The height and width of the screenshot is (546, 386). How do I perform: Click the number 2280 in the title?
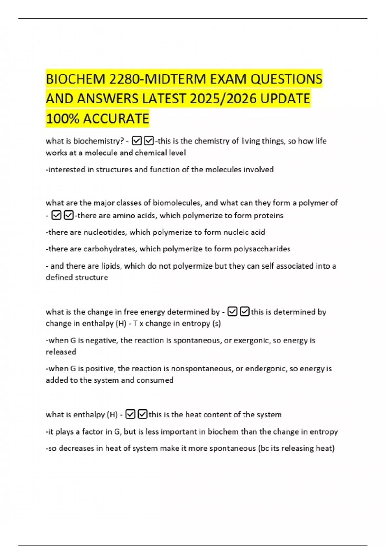(x=124, y=79)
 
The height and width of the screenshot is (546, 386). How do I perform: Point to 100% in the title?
(x=62, y=119)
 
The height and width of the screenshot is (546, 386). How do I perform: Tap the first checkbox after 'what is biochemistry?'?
(x=137, y=141)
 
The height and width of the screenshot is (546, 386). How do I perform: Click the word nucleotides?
(x=105, y=232)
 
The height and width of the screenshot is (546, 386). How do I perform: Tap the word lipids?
(x=111, y=266)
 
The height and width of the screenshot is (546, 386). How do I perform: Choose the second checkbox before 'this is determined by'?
(x=245, y=312)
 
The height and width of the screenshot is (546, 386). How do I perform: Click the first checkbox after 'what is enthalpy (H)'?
(x=130, y=414)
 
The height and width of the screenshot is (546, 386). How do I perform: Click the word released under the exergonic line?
(x=61, y=352)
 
